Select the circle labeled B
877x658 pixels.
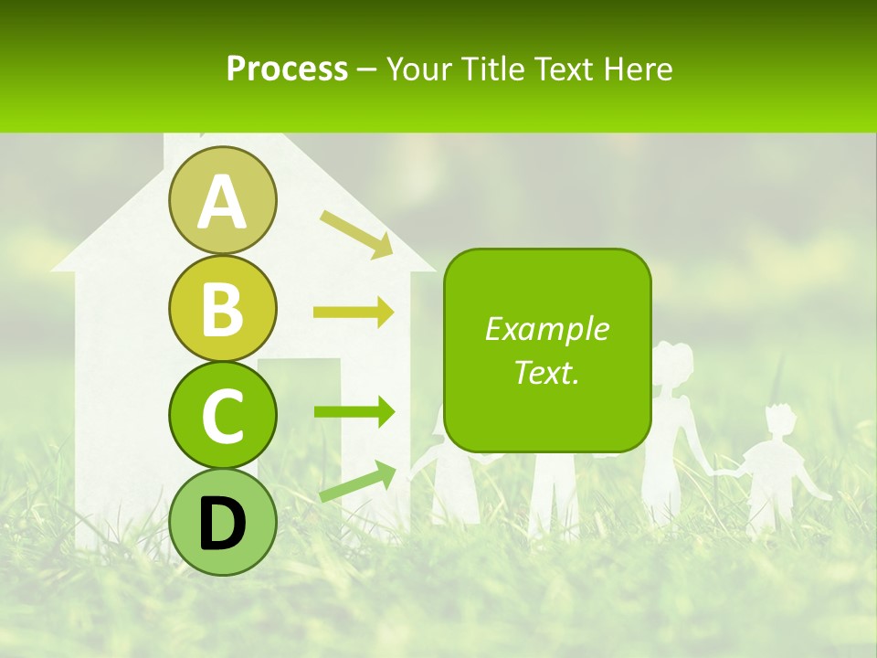coord(222,308)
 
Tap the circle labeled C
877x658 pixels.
coord(222,415)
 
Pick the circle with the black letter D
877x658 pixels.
coord(222,522)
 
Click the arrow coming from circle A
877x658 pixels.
coord(356,233)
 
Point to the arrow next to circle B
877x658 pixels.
coord(354,313)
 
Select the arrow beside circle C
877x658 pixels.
coord(354,412)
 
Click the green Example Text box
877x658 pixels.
coord(547,350)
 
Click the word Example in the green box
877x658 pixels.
coord(547,329)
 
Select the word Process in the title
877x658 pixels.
coord(287,69)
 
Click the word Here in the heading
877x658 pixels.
coord(639,69)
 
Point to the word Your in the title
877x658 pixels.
coord(417,69)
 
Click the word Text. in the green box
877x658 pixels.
coord(547,373)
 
